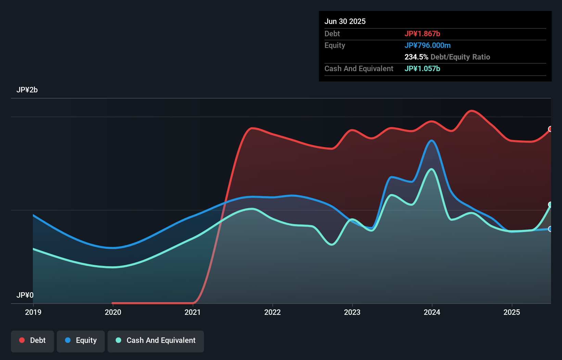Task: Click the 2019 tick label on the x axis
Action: click(33, 312)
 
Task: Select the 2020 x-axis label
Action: click(113, 312)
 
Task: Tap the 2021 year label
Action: click(193, 312)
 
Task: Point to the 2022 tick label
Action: click(272, 312)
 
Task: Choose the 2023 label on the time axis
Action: click(352, 312)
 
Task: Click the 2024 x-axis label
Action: click(432, 312)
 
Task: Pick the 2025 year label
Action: click(512, 312)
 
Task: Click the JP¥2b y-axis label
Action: click(27, 90)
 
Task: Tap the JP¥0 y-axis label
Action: click(25, 295)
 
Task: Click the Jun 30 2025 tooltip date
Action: click(345, 21)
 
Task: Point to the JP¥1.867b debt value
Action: click(422, 34)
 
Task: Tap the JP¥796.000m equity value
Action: click(427, 45)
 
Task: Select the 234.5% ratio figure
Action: click(416, 57)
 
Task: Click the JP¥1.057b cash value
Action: click(422, 68)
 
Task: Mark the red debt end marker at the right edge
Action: click(550, 129)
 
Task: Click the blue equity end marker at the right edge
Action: click(550, 229)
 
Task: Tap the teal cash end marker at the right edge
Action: click(550, 205)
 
